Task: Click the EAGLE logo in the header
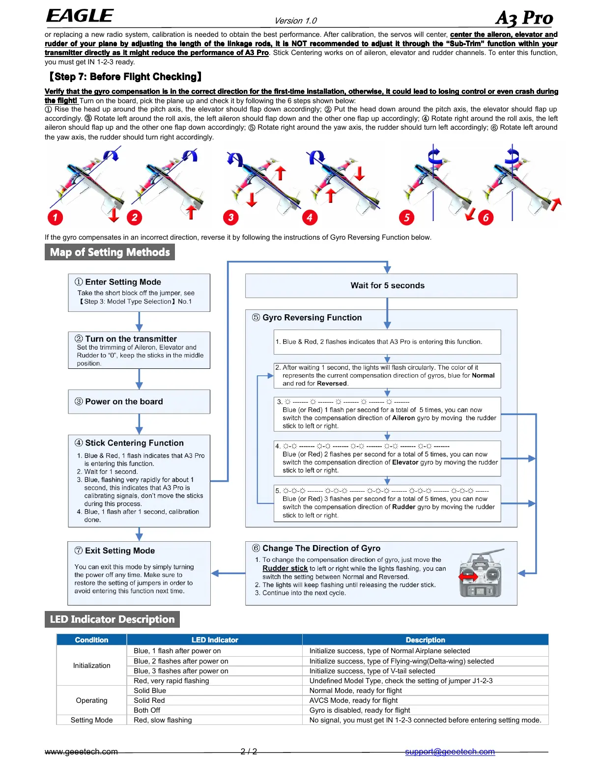tap(80, 16)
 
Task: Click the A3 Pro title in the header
tap(524, 18)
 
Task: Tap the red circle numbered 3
tap(230, 218)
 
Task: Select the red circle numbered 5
tap(406, 218)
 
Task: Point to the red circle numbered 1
tap(55, 218)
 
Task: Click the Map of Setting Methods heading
tap(110, 252)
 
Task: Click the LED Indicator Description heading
tap(112, 619)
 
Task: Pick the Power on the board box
tap(139, 402)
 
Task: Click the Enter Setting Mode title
tap(123, 282)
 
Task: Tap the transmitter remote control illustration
tap(481, 574)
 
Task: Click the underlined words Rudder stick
tap(285, 568)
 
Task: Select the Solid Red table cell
tap(149, 700)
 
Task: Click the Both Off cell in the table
tap(147, 710)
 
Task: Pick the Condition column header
tap(91, 640)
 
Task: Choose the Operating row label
tap(91, 700)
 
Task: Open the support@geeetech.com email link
tap(450, 751)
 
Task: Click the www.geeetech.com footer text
tap(81, 751)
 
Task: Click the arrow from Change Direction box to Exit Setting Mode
tap(228, 573)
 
